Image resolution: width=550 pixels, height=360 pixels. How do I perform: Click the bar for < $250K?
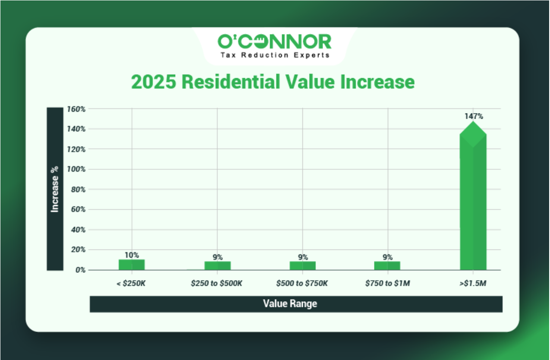click(x=132, y=265)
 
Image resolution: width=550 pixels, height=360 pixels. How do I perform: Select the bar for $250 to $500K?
click(x=217, y=265)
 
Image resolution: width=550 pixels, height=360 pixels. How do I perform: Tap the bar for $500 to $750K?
click(x=302, y=265)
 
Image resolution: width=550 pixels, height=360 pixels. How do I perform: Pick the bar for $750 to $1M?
click(x=387, y=265)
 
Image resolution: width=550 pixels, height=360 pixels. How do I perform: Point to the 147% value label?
click(x=474, y=116)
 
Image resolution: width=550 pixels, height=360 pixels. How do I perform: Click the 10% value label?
click(x=132, y=255)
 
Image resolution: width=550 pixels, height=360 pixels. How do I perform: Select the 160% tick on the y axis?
click(x=77, y=109)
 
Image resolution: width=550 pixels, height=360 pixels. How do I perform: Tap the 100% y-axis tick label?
click(x=77, y=169)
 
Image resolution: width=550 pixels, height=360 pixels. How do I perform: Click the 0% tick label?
click(x=80, y=270)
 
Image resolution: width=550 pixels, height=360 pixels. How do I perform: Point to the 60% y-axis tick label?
click(x=78, y=210)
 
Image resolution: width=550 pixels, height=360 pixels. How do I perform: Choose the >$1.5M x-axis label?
click(x=473, y=284)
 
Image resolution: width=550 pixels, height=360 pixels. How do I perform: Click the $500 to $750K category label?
click(x=302, y=284)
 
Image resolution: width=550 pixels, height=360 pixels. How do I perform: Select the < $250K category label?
click(x=132, y=284)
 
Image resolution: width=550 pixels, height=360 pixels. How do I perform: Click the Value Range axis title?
click(x=290, y=304)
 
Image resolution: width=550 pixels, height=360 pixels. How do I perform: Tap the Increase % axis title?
click(x=55, y=189)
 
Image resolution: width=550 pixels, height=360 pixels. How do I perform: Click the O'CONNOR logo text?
click(x=274, y=41)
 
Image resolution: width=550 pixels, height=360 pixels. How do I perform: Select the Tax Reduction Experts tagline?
click(x=275, y=55)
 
